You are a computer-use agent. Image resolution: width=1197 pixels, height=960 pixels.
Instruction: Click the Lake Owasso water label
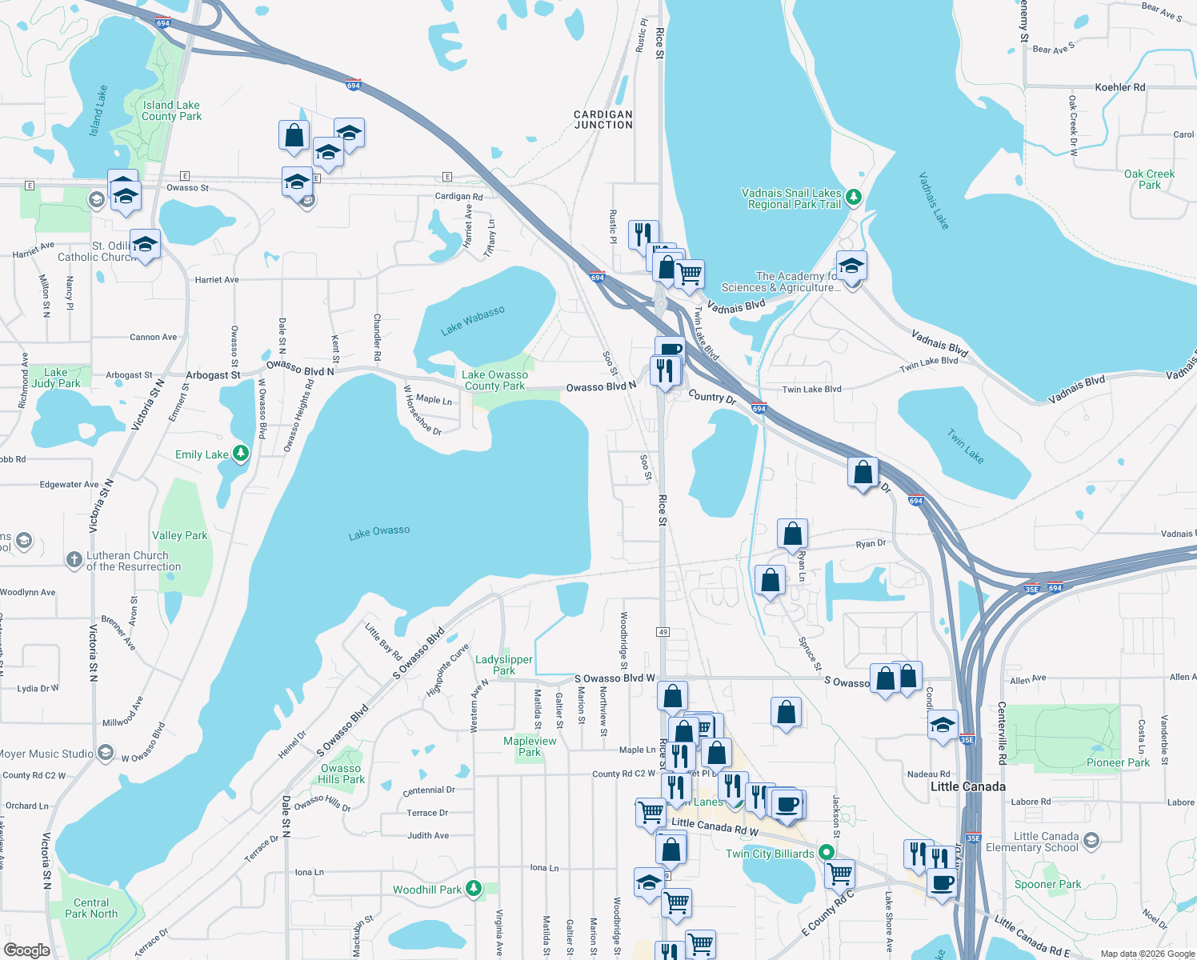tap(379, 532)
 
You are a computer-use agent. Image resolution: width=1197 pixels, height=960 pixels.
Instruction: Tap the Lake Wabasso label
tap(473, 321)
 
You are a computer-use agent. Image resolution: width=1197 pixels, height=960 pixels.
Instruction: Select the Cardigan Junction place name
tap(603, 120)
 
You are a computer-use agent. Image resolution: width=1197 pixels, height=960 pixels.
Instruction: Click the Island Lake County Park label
tap(172, 110)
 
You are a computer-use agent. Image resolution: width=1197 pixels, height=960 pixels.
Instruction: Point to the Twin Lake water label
tap(966, 446)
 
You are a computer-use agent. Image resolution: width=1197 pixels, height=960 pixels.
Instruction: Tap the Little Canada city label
tap(968, 786)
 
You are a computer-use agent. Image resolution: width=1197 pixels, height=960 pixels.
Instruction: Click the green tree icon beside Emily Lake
tap(240, 454)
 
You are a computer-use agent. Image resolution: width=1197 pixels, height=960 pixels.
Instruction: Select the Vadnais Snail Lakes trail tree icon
tap(854, 196)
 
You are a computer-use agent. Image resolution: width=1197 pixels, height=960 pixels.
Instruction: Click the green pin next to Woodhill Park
tap(474, 888)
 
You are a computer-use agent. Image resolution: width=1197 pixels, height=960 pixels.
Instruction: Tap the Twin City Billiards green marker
tap(825, 853)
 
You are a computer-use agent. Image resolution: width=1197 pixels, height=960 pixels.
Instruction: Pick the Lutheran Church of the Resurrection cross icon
tap(74, 560)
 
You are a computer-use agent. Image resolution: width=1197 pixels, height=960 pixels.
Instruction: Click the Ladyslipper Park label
tap(504, 665)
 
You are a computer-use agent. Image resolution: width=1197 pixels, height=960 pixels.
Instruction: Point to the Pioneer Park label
tap(1118, 762)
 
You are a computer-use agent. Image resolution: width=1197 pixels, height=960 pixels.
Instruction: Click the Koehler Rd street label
tap(1120, 87)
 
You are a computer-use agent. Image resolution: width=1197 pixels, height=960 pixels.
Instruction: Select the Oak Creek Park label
tap(1150, 179)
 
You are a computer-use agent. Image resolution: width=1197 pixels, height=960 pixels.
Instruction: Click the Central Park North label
tap(91, 908)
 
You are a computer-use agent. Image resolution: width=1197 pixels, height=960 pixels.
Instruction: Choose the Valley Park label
tap(179, 535)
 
